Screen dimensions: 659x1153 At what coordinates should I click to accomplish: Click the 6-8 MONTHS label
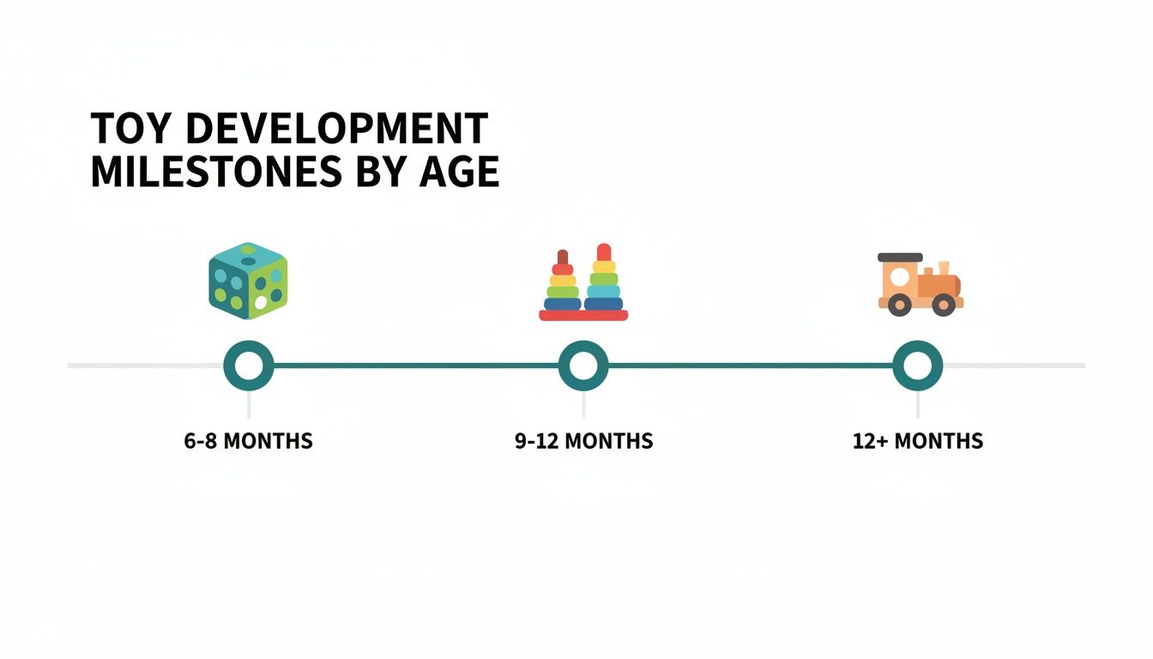coord(248,442)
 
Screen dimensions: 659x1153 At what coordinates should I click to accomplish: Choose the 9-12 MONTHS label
coord(583,442)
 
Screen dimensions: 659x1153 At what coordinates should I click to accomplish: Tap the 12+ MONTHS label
coord(917,442)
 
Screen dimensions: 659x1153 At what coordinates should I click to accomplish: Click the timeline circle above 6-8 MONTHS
coord(248,366)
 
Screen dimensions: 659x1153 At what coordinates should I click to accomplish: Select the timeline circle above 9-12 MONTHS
coord(583,366)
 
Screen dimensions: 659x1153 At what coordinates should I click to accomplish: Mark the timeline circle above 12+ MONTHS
coord(917,366)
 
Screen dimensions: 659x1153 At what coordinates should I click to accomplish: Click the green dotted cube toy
coord(248,281)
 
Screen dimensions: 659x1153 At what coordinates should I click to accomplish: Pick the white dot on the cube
coord(260,302)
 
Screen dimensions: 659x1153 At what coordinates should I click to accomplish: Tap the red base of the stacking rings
coord(583,315)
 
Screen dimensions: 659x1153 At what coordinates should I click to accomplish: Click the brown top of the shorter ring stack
coord(563,257)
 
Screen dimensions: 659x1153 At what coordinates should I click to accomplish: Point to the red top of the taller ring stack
coord(604,252)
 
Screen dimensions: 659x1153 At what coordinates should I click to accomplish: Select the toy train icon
coord(919,284)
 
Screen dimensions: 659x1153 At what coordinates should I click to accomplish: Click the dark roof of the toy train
coord(900,257)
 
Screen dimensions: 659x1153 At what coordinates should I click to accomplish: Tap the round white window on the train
coord(899,277)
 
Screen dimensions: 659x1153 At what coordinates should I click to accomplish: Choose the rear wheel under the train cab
coord(899,305)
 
